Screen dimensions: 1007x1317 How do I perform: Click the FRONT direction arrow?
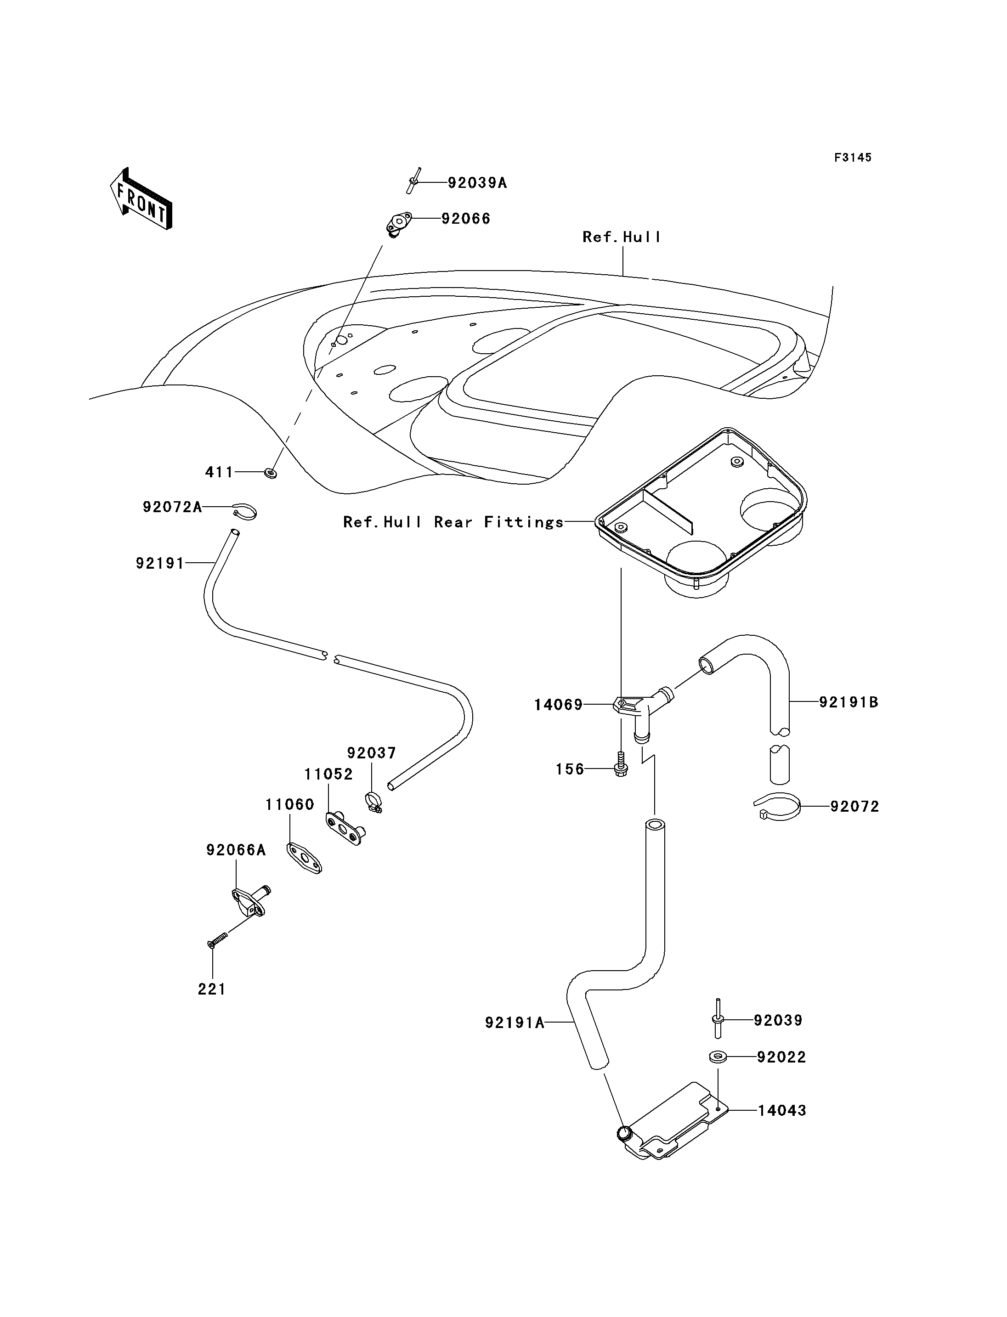pos(141,200)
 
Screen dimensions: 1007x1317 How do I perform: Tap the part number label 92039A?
pos(477,183)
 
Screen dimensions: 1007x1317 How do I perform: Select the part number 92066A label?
pos(236,850)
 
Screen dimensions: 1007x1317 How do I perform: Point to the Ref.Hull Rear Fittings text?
pos(453,522)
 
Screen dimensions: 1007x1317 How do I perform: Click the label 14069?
pos(558,705)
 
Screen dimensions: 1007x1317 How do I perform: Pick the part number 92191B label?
pos(849,702)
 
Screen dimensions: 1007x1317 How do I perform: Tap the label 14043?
pos(782,1110)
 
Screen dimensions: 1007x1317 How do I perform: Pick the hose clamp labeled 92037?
pos(374,802)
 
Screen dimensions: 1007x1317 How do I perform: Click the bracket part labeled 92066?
pos(398,224)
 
